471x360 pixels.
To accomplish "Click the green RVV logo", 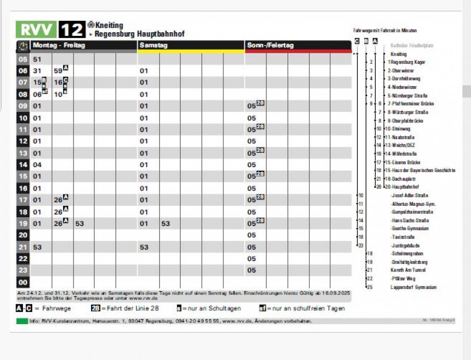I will pyautogui.click(x=36, y=29).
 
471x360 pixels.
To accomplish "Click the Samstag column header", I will pyautogui.click(x=154, y=46).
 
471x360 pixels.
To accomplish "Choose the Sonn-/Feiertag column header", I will pyautogui.click(x=270, y=46).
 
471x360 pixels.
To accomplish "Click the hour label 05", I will pyautogui.click(x=23, y=59).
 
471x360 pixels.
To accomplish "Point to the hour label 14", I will pyautogui.click(x=23, y=165).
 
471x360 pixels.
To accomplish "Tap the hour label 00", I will pyautogui.click(x=23, y=282).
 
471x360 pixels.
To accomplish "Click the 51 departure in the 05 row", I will pyautogui.click(x=37, y=59).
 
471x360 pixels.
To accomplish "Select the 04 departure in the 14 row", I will pyautogui.click(x=37, y=165).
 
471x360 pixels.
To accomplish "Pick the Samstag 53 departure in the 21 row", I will pyautogui.click(x=144, y=247).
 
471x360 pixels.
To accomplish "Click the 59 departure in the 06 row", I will pyautogui.click(x=58, y=71).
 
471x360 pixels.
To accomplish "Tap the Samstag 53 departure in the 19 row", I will pyautogui.click(x=166, y=224).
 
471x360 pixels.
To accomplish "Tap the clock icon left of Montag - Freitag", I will pyautogui.click(x=23, y=46).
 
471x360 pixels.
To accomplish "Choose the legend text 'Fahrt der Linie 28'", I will pyautogui.click(x=132, y=308).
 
